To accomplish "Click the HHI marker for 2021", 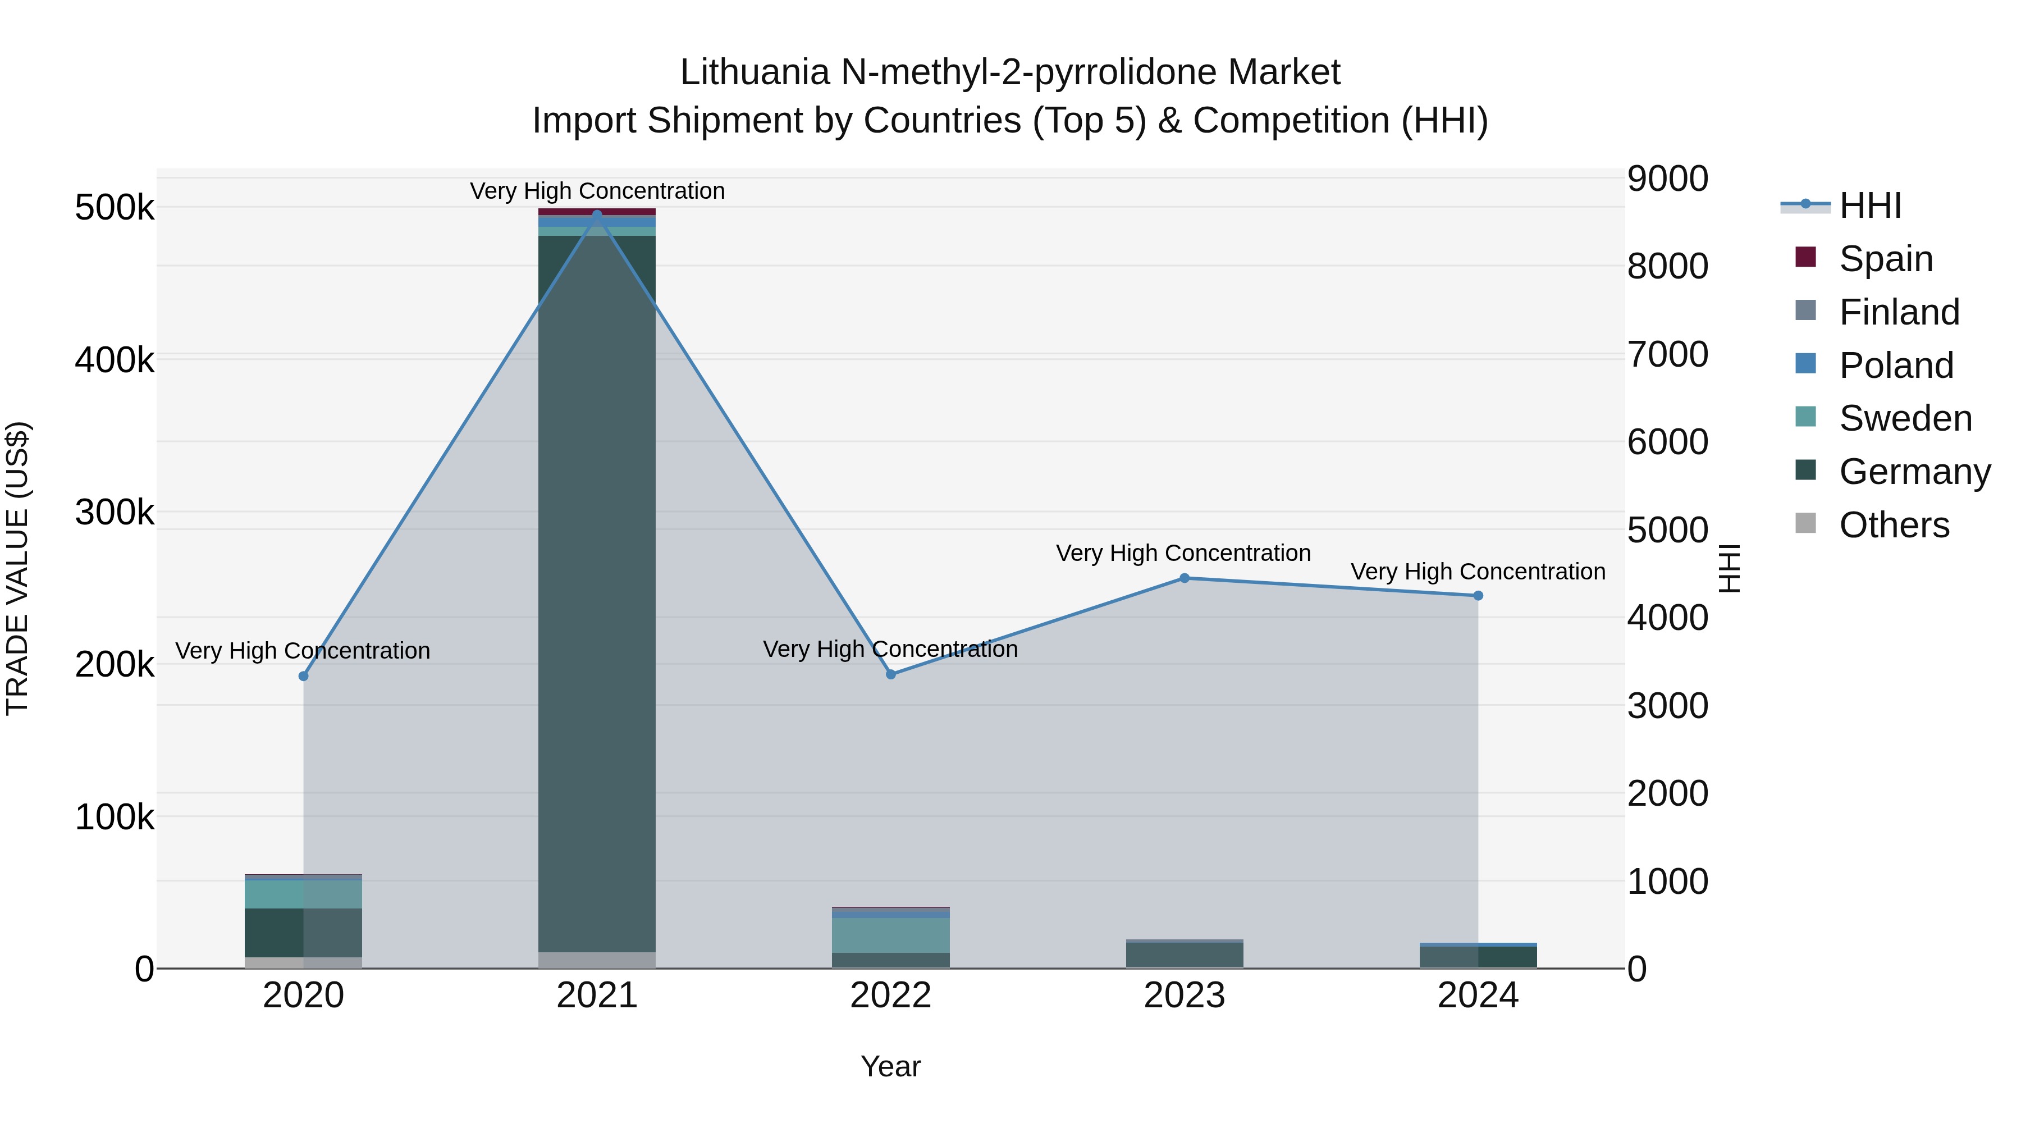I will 597,214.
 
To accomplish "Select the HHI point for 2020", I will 304,677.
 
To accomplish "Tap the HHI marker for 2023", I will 1185,578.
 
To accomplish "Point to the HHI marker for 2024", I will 1478,596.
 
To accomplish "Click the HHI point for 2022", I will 890,675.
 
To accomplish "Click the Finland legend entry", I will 1899,312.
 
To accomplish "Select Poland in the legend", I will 1895,366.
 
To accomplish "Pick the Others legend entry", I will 1894,525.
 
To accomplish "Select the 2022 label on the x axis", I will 890,996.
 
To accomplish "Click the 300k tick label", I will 115,513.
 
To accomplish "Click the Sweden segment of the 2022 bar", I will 890,935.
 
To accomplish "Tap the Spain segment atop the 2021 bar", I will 597,212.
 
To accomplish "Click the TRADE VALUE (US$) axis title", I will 17,568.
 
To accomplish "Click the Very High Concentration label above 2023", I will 1183,553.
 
